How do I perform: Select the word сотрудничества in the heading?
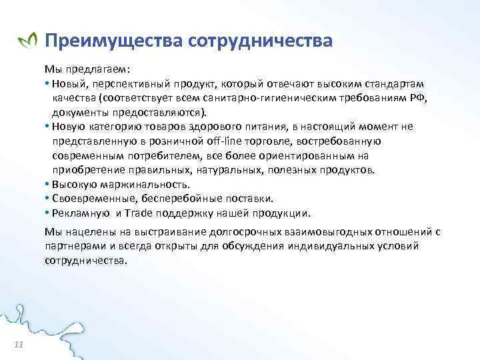[260, 41]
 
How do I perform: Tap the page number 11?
[19, 343]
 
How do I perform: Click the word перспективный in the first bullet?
[123, 85]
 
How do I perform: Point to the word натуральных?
[226, 169]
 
